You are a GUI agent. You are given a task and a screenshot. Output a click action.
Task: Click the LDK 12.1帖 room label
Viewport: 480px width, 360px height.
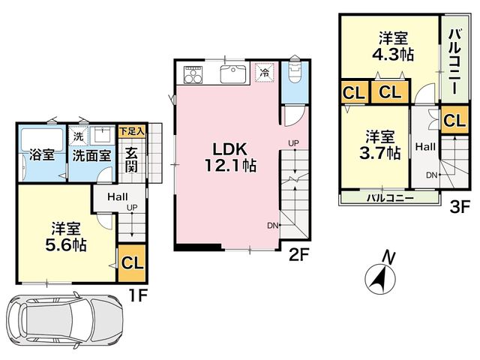[x=230, y=157]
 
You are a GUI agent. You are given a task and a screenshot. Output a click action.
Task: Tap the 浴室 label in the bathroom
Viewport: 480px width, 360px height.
[x=42, y=155]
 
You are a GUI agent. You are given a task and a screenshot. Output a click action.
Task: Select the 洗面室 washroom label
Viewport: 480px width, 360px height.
[x=91, y=156]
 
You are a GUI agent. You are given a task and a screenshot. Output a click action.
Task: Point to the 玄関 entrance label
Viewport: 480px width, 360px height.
[x=131, y=160]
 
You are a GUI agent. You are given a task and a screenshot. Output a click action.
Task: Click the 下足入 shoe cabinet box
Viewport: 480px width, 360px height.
[x=132, y=132]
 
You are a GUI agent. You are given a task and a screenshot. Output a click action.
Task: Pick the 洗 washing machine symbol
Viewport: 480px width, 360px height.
[x=78, y=136]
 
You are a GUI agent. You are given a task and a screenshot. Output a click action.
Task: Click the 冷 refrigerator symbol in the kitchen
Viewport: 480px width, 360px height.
[x=264, y=73]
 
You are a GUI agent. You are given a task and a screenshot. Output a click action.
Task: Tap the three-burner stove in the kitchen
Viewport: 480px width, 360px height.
[x=193, y=74]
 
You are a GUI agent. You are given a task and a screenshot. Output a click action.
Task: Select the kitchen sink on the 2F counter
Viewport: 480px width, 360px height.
[x=233, y=73]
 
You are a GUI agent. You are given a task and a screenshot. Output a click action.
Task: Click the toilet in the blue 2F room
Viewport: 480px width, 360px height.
[x=295, y=71]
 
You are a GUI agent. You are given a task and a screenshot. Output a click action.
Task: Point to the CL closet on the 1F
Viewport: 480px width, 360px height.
[x=132, y=263]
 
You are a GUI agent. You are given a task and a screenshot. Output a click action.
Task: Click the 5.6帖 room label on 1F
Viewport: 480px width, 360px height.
[x=65, y=237]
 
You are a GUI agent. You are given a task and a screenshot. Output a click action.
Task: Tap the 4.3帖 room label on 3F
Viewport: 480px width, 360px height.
[x=393, y=46]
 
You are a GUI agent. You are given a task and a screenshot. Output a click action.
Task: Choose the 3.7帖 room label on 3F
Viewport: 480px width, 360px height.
[x=380, y=145]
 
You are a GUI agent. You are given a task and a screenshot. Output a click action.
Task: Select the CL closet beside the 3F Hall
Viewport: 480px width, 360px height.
[x=454, y=120]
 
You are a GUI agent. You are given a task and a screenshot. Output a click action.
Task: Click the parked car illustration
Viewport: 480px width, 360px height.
[x=64, y=321]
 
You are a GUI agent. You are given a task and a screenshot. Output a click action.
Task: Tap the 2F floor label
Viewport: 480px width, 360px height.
[x=299, y=255]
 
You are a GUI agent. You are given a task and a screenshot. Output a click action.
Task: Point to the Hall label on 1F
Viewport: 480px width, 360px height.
[x=118, y=196]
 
